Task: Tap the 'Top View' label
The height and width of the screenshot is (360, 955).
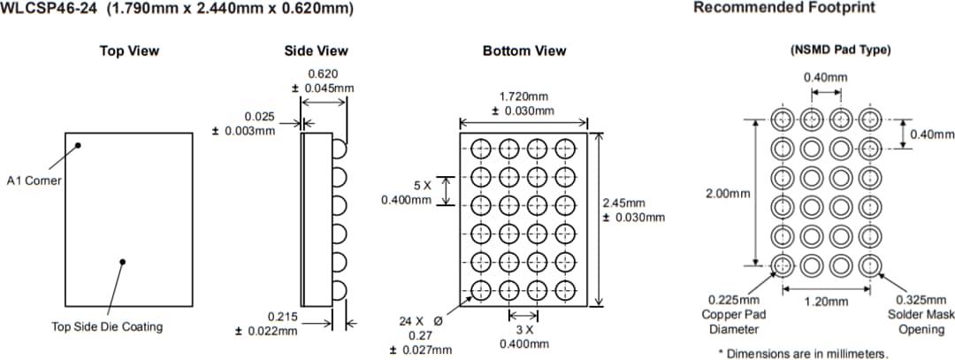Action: [x=129, y=50]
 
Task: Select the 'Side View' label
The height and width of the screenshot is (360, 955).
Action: [x=316, y=50]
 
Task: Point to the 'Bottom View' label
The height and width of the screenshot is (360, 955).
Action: [x=524, y=50]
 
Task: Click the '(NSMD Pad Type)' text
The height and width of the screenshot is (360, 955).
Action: [x=839, y=50]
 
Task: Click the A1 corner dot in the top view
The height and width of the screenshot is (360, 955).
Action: [x=78, y=145]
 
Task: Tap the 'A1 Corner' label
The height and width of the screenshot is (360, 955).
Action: [x=34, y=180]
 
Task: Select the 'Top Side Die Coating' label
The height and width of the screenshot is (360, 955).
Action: [x=107, y=326]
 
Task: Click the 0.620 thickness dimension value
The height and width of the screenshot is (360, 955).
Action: [x=323, y=75]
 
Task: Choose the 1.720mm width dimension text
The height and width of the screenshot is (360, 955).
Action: [x=523, y=96]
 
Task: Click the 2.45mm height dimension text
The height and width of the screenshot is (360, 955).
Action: [x=624, y=203]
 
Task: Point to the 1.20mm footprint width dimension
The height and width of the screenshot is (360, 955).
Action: [x=826, y=302]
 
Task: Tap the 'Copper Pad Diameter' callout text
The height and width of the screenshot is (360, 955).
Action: [x=734, y=315]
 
